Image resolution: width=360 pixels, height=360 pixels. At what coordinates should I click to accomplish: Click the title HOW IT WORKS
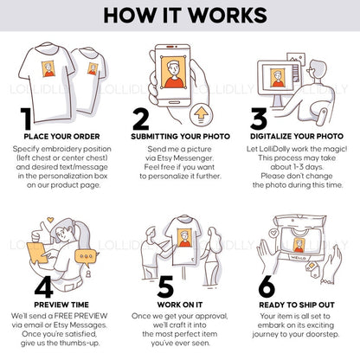[185, 16]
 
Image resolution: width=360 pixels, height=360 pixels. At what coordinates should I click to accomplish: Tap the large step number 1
[26, 119]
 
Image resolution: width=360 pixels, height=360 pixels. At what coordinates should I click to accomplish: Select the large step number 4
[43, 286]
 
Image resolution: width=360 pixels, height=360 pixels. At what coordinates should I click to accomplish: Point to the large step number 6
[267, 286]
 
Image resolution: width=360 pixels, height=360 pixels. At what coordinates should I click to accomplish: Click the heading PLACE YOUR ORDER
[61, 137]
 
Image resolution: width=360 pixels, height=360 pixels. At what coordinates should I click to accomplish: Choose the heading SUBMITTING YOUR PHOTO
[181, 137]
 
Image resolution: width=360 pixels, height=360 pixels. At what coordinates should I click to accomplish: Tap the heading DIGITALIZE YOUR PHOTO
[297, 136]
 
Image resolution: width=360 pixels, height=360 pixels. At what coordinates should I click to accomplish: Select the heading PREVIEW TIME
[61, 305]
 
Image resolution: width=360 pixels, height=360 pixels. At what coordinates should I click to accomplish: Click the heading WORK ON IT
[180, 305]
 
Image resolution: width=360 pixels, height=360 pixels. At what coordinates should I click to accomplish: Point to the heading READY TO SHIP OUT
[297, 305]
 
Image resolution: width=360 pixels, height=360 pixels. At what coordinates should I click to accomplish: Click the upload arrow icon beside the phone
[201, 114]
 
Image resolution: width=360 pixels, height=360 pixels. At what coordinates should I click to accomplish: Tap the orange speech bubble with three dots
[86, 256]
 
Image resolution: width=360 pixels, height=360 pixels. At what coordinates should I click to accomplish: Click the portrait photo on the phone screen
[173, 73]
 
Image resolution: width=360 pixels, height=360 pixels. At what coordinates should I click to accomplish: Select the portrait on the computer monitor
[278, 77]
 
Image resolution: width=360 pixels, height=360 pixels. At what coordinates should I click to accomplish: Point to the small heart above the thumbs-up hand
[50, 220]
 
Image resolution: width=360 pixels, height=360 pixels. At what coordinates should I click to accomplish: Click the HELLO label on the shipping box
[297, 258]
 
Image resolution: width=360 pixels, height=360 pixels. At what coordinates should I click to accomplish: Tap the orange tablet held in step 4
[37, 253]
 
